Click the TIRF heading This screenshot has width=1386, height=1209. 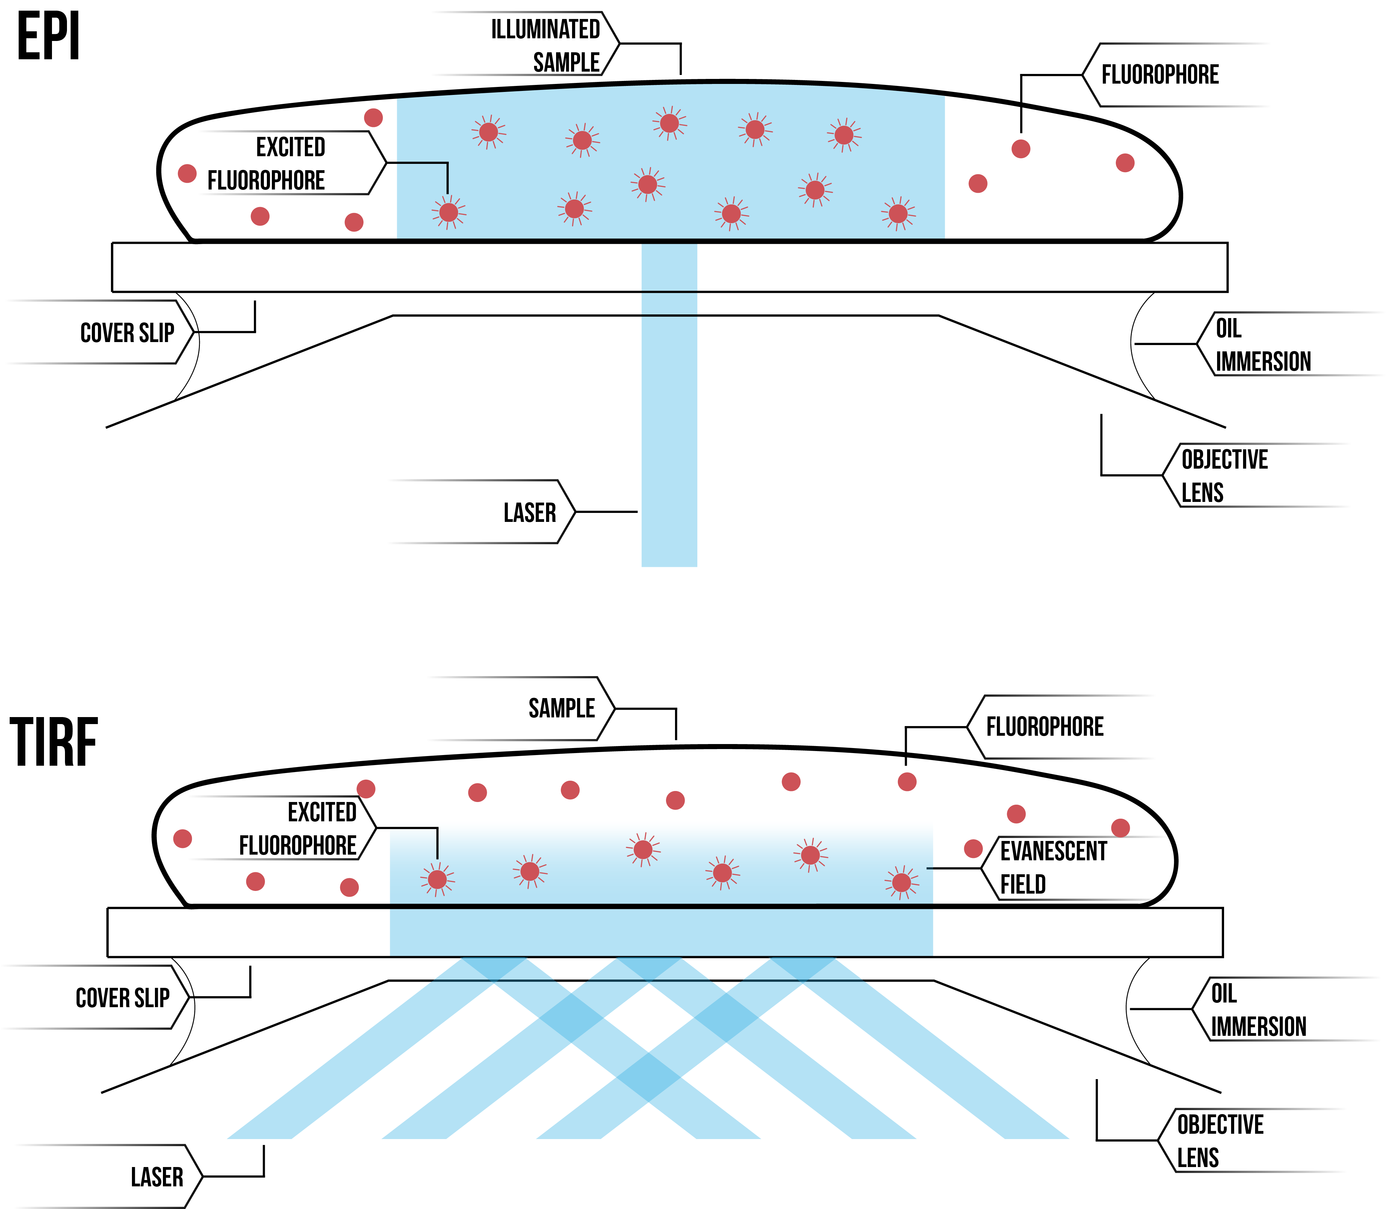pyautogui.click(x=54, y=742)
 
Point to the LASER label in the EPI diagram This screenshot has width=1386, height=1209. pyautogui.click(x=530, y=513)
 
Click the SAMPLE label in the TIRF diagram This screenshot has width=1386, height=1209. pyautogui.click(x=561, y=708)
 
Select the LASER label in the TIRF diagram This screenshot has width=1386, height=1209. pyautogui.click(x=157, y=1177)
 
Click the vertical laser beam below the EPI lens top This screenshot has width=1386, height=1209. pyautogui.click(x=669, y=439)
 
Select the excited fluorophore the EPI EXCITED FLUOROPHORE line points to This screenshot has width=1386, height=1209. pyautogui.click(x=448, y=212)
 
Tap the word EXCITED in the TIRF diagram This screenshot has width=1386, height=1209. pyautogui.click(x=322, y=812)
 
